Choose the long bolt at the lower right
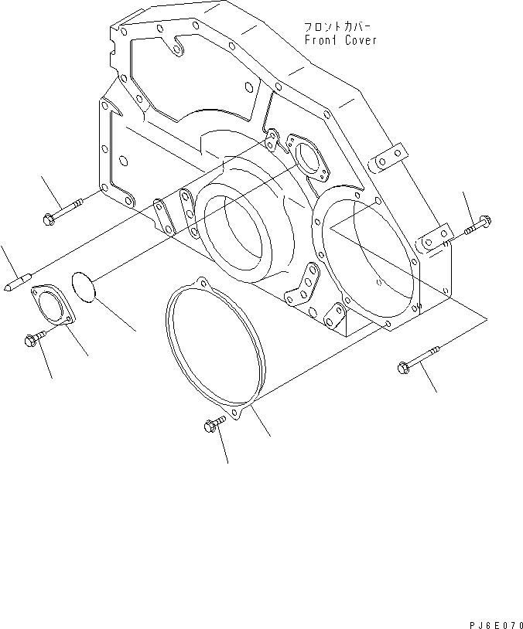(x=418, y=362)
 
